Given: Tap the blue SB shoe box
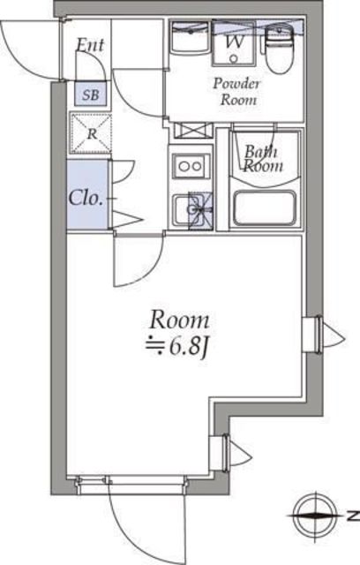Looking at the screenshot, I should coord(90,94).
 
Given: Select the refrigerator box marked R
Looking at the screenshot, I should coord(91,135).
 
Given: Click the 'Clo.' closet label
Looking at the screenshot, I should coord(86,196).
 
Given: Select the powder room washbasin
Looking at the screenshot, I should coord(189,41).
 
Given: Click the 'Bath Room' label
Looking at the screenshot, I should coord(263,158).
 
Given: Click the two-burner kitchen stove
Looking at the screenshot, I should coord(191,164).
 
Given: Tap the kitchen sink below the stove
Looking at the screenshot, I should coord(192,210).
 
